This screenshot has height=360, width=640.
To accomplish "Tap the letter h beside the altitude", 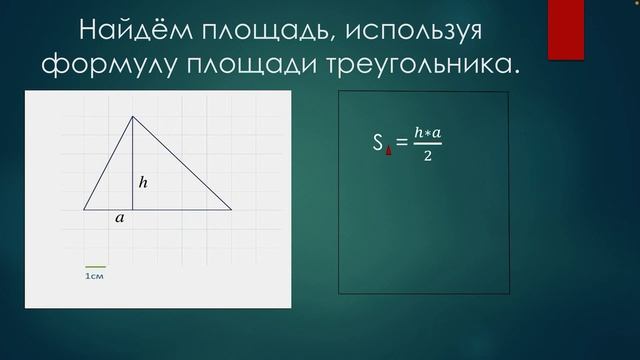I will (x=143, y=182).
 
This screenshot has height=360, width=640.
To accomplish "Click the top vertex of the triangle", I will (x=133, y=116).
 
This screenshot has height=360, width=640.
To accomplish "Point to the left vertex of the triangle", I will (x=84, y=210).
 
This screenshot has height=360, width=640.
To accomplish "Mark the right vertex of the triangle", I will (x=232, y=210).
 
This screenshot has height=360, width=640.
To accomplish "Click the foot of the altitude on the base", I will (x=133, y=210).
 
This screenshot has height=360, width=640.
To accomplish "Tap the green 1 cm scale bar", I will (x=95, y=266).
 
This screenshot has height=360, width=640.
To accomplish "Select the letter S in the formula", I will (x=378, y=145).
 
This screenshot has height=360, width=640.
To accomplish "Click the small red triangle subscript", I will (x=387, y=153).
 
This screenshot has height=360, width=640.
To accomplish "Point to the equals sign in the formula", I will (x=401, y=146).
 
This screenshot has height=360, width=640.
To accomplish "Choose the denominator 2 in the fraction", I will (x=427, y=158).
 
